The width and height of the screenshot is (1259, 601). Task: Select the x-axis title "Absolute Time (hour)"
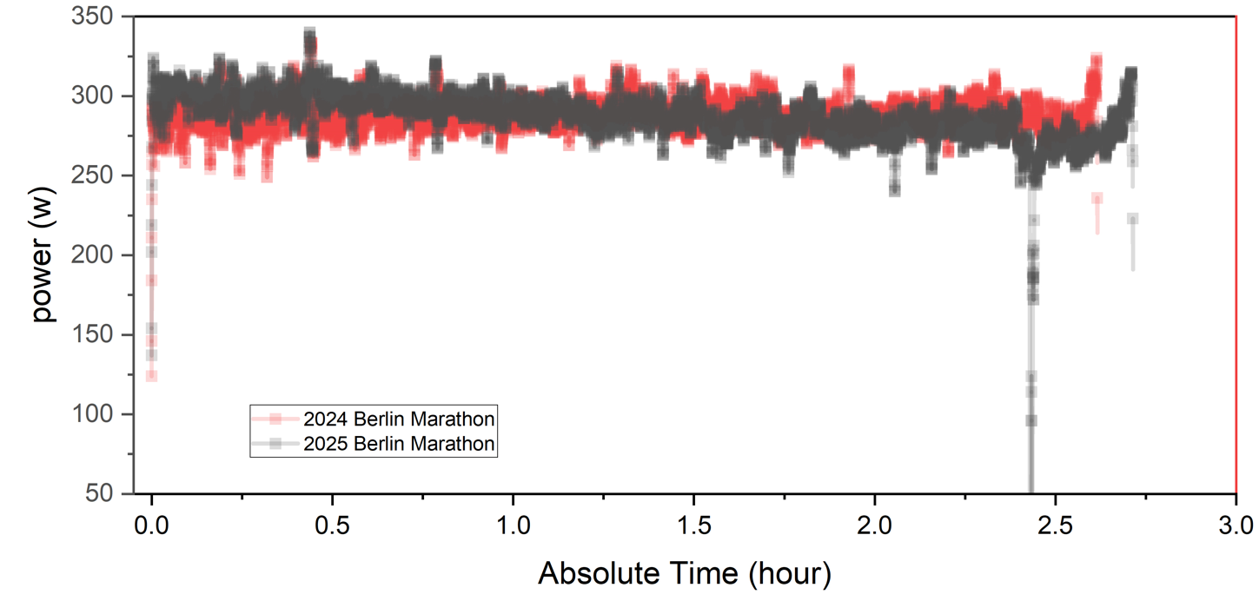[685, 573]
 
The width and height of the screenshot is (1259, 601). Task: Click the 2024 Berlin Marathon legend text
[399, 419]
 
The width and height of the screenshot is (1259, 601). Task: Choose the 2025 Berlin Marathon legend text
[399, 445]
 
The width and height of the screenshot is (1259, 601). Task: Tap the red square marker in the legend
[275, 419]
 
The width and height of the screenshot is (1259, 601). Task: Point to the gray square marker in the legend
[275, 445]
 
